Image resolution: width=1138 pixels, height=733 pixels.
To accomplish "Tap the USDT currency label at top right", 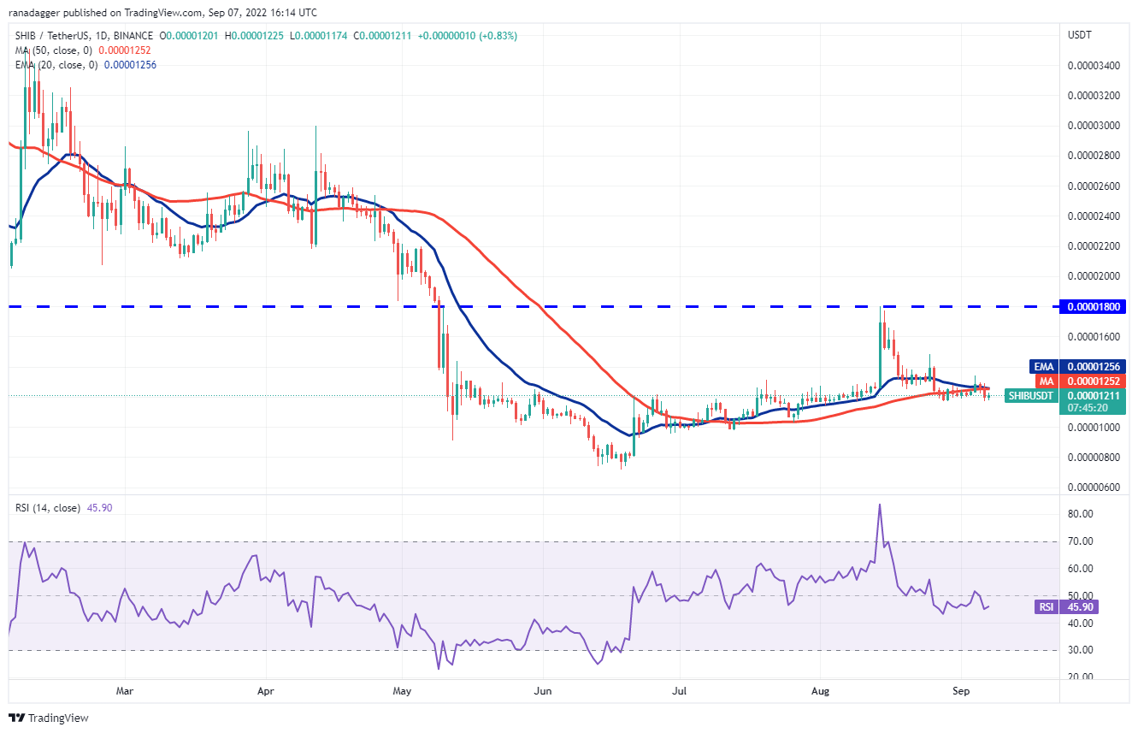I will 1079,34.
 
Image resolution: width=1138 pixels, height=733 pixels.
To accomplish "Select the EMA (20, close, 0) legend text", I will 55,65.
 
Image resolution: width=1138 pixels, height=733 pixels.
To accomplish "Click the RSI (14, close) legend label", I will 47,508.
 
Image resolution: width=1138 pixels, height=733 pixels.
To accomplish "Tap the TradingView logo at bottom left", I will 49,718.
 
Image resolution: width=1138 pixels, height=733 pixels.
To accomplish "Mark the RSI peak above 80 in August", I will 878,505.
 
